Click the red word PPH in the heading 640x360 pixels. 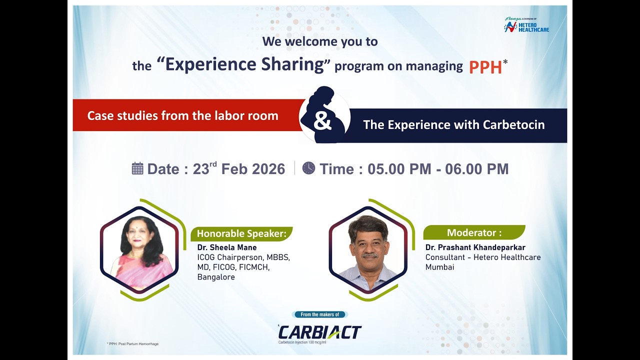pyautogui.click(x=485, y=67)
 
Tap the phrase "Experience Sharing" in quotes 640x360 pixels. pyautogui.click(x=244, y=65)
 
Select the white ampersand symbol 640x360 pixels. pyautogui.click(x=322, y=121)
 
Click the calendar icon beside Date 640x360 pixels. pyautogui.click(x=137, y=168)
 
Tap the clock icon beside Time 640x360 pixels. pyautogui.click(x=308, y=168)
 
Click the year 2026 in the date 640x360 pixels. pyautogui.click(x=268, y=169)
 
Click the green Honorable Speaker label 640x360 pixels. pyautogui.click(x=241, y=233)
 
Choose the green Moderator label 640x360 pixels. pyautogui.click(x=473, y=232)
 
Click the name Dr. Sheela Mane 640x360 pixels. pyautogui.click(x=227, y=247)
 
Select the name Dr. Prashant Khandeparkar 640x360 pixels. pyautogui.click(x=475, y=247)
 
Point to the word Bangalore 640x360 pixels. pyautogui.click(x=216, y=277)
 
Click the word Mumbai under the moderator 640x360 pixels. pyautogui.click(x=439, y=267)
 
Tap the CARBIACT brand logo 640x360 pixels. pyautogui.click(x=319, y=332)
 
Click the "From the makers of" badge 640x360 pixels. pyautogui.click(x=319, y=314)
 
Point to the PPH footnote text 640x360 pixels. pyautogui.click(x=132, y=344)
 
